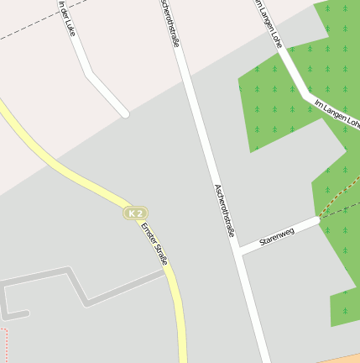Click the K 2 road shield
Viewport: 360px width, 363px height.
(135, 213)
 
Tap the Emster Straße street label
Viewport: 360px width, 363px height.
(154, 244)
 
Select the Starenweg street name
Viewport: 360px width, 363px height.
(277, 235)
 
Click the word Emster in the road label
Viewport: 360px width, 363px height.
(147, 232)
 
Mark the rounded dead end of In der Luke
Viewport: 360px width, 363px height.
(125, 112)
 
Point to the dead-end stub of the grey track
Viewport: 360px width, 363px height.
(25, 314)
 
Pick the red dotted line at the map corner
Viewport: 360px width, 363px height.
(4, 345)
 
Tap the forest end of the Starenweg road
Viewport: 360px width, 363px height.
(319, 219)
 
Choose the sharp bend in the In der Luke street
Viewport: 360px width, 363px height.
(87, 74)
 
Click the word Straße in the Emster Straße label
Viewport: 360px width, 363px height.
(159, 253)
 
